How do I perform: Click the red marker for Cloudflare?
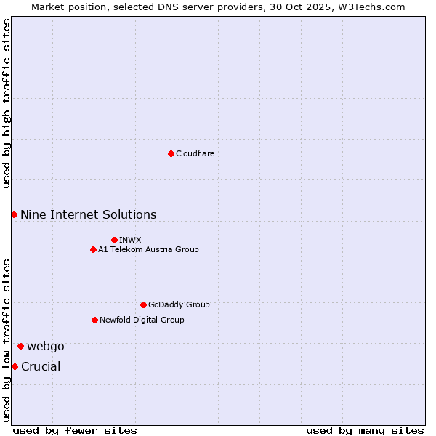171,153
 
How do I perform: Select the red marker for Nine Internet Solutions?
14,214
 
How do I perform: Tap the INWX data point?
114,240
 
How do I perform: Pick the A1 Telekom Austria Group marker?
93,249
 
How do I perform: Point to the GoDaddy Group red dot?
143,304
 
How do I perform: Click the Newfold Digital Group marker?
94,320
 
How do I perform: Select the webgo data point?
20,346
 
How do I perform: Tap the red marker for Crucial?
15,366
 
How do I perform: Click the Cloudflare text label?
195,153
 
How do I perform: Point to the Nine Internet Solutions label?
88,214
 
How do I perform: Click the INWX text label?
130,240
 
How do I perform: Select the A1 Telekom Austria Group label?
148,249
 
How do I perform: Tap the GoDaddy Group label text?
179,304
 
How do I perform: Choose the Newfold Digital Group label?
142,320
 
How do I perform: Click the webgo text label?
46,346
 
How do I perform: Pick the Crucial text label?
41,366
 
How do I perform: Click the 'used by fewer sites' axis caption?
75,430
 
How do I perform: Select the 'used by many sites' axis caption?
365,430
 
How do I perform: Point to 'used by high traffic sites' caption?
7,103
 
